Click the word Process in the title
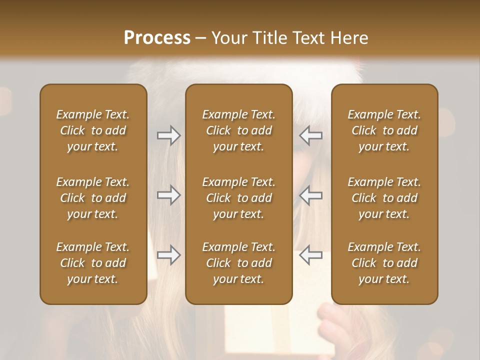tap(157, 38)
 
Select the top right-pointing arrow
tap(168, 135)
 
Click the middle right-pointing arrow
tap(168, 195)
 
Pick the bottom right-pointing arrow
tap(168, 255)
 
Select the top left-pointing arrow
tap(311, 135)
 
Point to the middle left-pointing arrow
tap(311, 195)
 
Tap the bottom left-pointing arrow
tap(311, 255)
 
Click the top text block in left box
tap(93, 130)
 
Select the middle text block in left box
tap(93, 198)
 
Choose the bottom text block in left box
tap(93, 263)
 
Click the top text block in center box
tap(238, 130)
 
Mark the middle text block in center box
tap(238, 198)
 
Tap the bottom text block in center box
tap(238, 263)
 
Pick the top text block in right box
tap(384, 130)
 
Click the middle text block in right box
tap(384, 198)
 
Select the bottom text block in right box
tap(384, 263)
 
